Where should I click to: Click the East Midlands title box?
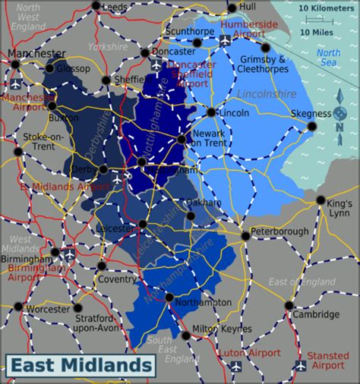click(80, 366)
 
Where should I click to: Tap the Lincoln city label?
click(234, 112)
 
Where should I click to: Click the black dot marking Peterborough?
click(245, 236)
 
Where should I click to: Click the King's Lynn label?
click(340, 208)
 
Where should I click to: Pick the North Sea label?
click(328, 58)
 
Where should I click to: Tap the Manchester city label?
click(37, 54)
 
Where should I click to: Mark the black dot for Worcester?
click(77, 308)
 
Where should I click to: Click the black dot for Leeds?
click(96, 7)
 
